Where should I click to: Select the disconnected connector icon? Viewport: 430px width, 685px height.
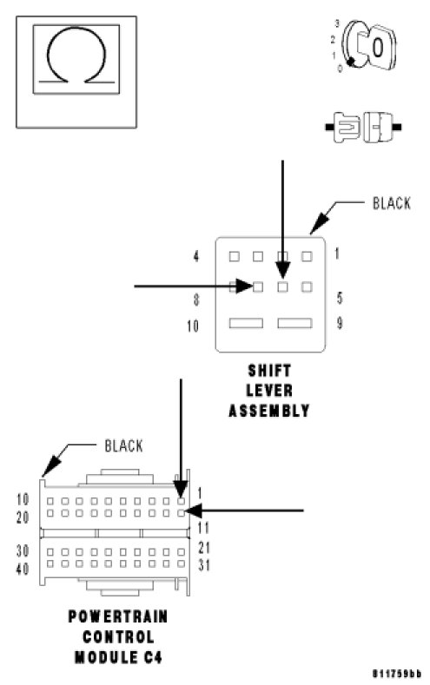click(363, 127)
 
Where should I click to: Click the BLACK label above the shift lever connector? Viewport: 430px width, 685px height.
click(391, 203)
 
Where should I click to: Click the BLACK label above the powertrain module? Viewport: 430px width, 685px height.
click(123, 445)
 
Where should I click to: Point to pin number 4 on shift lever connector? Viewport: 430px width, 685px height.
click(196, 256)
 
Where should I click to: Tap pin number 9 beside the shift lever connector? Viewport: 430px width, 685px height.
click(340, 323)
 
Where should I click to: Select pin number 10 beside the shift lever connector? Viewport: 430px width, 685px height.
click(193, 326)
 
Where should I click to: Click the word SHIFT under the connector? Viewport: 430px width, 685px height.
click(269, 371)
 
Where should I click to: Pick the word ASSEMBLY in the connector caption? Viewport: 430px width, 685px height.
click(269, 411)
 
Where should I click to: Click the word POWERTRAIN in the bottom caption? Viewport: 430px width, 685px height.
click(118, 616)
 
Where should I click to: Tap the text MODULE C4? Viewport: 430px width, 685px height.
click(118, 657)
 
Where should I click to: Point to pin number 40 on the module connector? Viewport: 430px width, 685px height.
click(23, 569)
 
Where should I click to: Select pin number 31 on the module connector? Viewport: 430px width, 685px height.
click(204, 565)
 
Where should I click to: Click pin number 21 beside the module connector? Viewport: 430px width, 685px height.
click(204, 547)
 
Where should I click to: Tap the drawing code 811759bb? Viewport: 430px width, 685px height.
click(397, 673)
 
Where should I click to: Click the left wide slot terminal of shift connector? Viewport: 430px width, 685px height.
click(246, 323)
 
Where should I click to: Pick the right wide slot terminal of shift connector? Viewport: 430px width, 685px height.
click(295, 323)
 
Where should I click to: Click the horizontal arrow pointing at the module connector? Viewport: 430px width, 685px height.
click(245, 510)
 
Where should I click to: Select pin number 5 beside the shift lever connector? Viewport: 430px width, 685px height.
click(340, 298)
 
